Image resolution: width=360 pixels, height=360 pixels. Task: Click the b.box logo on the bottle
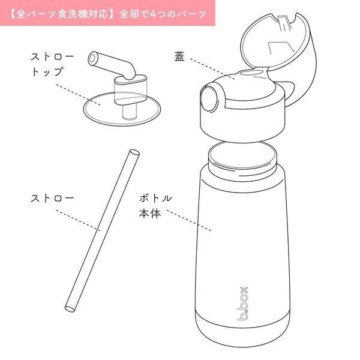tap(242, 304)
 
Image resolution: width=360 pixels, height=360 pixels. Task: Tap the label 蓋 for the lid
tap(179, 56)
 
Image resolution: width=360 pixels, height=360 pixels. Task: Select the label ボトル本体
tap(155, 206)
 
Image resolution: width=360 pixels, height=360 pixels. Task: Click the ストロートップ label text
tap(52, 64)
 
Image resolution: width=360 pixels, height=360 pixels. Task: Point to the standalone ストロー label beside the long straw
tap(52, 198)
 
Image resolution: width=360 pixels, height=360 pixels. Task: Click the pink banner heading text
tap(108, 14)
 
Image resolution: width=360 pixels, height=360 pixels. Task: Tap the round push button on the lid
tap(209, 98)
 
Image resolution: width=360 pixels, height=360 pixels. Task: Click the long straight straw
tap(102, 231)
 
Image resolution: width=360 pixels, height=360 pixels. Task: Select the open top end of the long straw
tap(134, 152)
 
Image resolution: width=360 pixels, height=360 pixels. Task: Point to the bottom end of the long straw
tap(70, 309)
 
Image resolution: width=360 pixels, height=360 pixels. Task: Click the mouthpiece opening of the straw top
tap(92, 59)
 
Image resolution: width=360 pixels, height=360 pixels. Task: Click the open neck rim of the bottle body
tap(242, 155)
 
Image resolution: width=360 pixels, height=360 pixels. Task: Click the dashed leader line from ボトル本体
tap(189, 220)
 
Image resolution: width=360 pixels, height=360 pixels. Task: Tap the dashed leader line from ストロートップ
tap(78, 95)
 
